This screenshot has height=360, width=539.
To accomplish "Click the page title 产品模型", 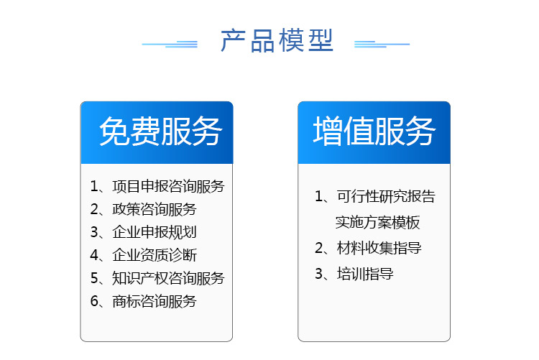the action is click(x=277, y=40).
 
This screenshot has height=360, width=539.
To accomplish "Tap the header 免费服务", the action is click(x=160, y=131).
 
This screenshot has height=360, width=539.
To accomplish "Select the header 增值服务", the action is click(x=374, y=131).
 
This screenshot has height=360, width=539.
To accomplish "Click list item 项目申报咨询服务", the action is click(x=168, y=186).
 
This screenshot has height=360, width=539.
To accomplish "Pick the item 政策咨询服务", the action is click(x=155, y=209).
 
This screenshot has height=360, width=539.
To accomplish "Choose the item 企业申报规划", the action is click(x=155, y=232).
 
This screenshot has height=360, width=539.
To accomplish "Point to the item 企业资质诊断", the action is click(x=155, y=255).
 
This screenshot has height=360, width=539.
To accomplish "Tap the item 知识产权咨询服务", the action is click(x=168, y=278).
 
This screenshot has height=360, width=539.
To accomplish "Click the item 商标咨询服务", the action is click(x=155, y=301).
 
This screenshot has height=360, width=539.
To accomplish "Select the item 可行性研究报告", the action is click(x=386, y=196).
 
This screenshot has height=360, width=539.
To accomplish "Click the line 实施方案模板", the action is click(x=378, y=222).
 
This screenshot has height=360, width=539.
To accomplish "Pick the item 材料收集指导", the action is click(x=379, y=248).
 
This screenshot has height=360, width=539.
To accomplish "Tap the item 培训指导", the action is click(x=365, y=274).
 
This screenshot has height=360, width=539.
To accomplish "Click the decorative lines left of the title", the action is click(x=170, y=44).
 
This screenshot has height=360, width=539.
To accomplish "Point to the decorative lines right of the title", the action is click(x=382, y=44).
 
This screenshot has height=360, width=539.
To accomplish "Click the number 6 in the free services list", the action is click(x=94, y=301).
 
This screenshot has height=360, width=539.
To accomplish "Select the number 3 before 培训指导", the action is click(x=318, y=274).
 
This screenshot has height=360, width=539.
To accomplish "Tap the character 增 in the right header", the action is click(x=328, y=131).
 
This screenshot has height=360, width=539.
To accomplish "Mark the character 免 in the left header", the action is click(x=114, y=131).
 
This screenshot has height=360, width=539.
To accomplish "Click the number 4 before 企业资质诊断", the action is click(x=94, y=255).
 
